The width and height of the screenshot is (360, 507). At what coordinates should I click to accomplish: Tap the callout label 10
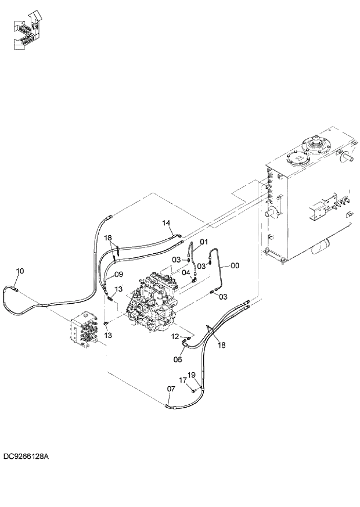[x=20, y=271]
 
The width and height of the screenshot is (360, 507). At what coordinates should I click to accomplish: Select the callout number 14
[x=166, y=223]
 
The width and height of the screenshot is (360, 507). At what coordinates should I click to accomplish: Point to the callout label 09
[x=118, y=274]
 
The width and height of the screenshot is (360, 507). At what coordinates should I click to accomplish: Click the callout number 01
[x=203, y=242]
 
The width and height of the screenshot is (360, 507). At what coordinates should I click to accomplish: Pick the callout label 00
[x=235, y=265]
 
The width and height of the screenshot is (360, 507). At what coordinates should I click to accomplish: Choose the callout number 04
[x=186, y=272]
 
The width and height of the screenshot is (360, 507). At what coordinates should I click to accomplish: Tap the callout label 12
[x=175, y=336]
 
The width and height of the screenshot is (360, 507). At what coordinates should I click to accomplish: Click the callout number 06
[x=178, y=359]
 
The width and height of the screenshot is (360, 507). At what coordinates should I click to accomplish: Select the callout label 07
[x=171, y=389]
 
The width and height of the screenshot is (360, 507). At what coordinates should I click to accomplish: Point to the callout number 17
[x=182, y=380]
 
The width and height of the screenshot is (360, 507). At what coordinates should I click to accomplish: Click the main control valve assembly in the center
[x=153, y=304]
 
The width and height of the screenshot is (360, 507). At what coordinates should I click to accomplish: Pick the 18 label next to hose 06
[x=221, y=345]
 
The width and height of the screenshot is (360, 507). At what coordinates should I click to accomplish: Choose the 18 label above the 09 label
[x=108, y=238]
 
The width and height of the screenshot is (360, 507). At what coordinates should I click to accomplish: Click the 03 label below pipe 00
[x=222, y=296]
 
